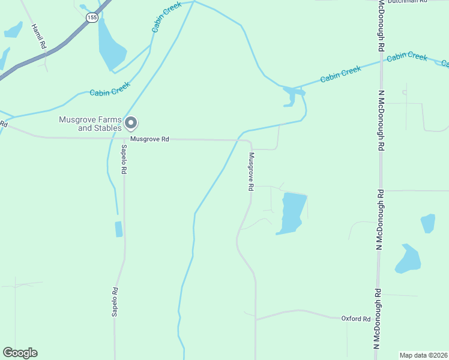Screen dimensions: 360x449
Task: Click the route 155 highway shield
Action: [x=91, y=17]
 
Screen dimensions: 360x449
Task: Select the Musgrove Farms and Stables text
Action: [x=90, y=124]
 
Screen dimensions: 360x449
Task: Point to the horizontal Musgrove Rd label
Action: [x=149, y=139]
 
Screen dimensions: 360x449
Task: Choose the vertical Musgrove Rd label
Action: [x=252, y=172]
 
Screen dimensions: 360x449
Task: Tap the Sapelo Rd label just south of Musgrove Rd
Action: [x=124, y=159]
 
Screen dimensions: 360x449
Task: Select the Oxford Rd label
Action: [x=355, y=319]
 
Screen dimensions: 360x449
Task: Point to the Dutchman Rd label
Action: [x=406, y=2]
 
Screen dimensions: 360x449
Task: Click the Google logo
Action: [x=20, y=353]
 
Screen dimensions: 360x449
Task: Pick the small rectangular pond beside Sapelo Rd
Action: [x=118, y=229]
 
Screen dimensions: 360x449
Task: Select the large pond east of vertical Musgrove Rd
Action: [x=291, y=212]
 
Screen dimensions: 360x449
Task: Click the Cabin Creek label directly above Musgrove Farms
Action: [x=110, y=89]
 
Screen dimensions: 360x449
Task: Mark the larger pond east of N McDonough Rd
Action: [x=408, y=259]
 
